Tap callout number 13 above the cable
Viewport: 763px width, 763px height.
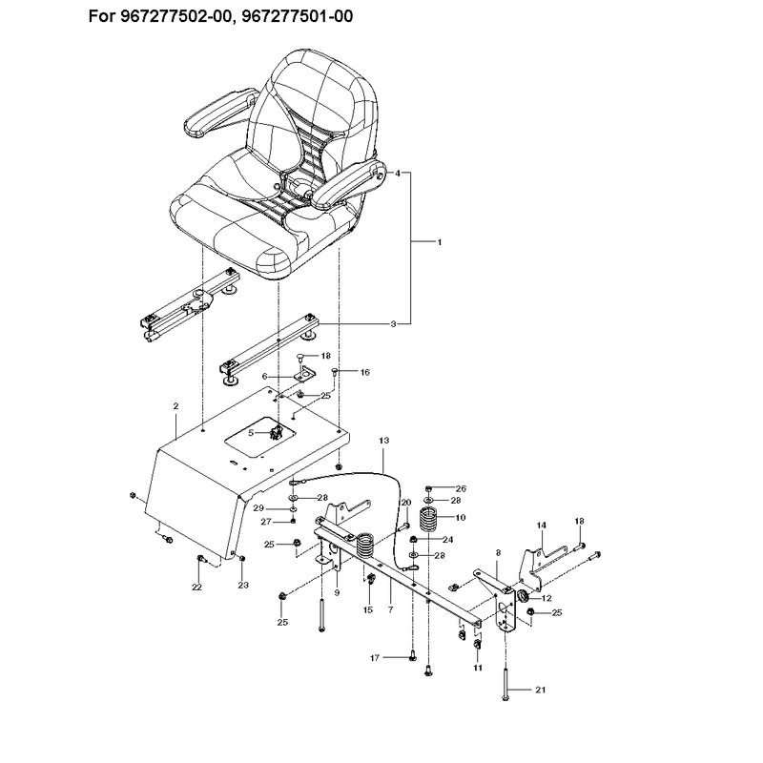click(384, 441)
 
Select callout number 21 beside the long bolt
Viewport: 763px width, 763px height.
click(541, 690)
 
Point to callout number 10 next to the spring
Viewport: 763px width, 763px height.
click(460, 517)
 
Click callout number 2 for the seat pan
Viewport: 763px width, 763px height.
click(176, 406)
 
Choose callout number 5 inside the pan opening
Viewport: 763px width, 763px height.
click(251, 432)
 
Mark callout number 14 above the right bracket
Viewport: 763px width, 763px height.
click(542, 526)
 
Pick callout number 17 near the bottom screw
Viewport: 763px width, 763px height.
click(375, 658)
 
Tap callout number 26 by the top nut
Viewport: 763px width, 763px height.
click(461, 488)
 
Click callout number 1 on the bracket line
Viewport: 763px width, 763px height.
click(440, 242)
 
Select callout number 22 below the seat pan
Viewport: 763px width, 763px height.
click(196, 588)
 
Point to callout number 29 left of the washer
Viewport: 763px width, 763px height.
click(258, 508)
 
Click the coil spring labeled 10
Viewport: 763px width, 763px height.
click(429, 521)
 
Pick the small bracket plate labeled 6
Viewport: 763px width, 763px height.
click(304, 375)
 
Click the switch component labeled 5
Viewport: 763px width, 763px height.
click(277, 432)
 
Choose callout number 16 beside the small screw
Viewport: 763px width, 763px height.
click(365, 372)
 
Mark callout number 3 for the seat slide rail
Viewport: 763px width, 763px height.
click(393, 324)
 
